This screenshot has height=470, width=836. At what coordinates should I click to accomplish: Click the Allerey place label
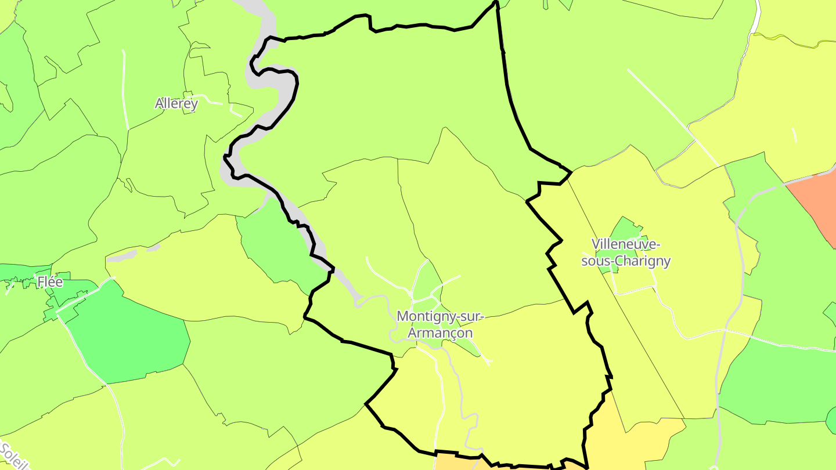(176, 104)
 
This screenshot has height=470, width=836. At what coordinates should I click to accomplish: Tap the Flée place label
(50, 282)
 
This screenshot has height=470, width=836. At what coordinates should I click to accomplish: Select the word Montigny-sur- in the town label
(439, 317)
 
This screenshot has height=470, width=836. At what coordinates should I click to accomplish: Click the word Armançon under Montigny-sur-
(439, 333)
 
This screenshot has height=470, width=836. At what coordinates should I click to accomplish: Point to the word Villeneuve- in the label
(626, 244)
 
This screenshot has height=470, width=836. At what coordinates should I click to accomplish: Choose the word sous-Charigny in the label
(626, 261)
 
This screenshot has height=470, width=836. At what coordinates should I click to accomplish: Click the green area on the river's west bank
(276, 247)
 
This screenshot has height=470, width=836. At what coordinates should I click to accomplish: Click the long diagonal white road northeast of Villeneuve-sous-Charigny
(673, 116)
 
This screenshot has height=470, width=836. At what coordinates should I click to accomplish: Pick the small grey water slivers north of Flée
(125, 255)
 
